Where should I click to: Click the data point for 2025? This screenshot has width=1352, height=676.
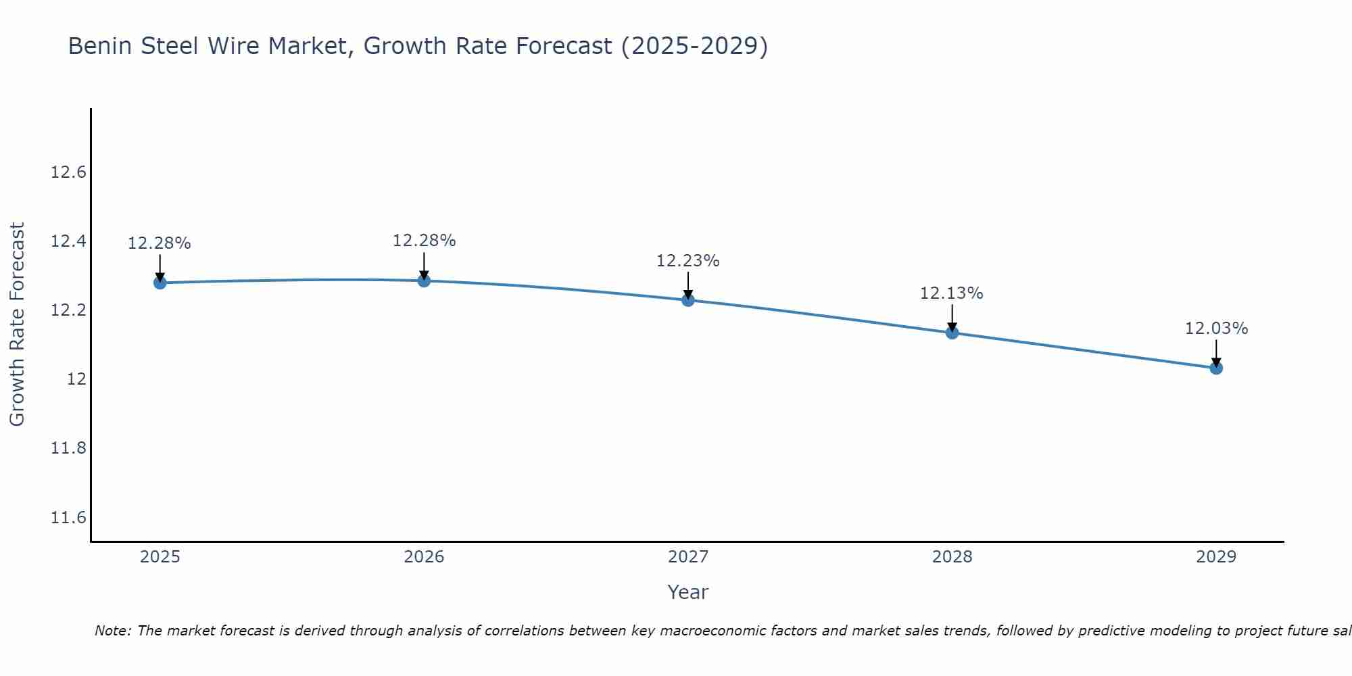click(160, 283)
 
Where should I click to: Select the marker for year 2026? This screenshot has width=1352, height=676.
click(424, 281)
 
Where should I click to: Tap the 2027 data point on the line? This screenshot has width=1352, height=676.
click(688, 300)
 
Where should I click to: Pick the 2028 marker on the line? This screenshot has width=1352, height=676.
click(952, 333)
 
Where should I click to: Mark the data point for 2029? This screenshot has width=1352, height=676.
click(1216, 368)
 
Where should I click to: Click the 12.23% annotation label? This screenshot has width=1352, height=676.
click(688, 261)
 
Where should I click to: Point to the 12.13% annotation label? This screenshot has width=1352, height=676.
click(951, 293)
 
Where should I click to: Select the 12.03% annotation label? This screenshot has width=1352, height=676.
click(1216, 329)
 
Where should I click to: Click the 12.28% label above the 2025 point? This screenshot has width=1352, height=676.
click(160, 243)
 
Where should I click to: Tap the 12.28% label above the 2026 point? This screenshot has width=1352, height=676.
click(424, 241)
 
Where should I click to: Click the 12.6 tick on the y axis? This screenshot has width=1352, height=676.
click(69, 172)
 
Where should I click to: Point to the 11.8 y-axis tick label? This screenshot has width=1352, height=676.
click(69, 448)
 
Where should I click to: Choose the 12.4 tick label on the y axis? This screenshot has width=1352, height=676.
click(69, 241)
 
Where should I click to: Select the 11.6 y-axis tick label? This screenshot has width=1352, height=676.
click(69, 518)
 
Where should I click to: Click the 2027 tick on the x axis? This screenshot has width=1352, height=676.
click(688, 557)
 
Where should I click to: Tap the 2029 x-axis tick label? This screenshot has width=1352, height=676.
click(1216, 557)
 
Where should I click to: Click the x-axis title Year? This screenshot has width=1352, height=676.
click(687, 592)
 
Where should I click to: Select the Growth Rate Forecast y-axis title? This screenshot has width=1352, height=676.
click(17, 324)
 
